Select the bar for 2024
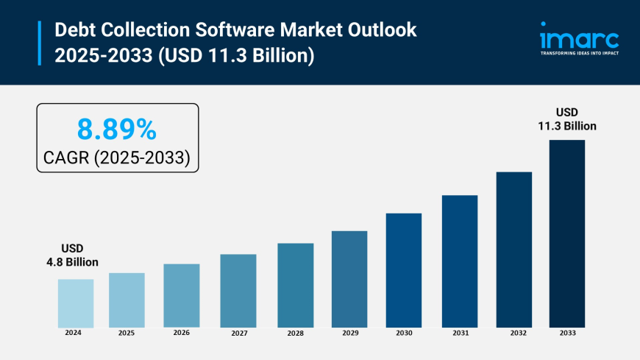click(x=76, y=303)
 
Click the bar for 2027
click(x=238, y=291)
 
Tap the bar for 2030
click(x=404, y=270)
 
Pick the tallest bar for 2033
click(x=566, y=233)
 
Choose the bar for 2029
click(x=349, y=279)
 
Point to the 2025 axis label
click(x=127, y=333)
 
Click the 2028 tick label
click(x=295, y=333)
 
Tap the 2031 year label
click(x=460, y=333)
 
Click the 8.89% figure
click(x=117, y=130)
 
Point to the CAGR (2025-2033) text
click(x=117, y=157)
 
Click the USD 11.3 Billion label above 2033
click(x=567, y=119)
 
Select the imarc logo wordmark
click(x=579, y=38)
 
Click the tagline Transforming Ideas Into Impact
click(x=579, y=54)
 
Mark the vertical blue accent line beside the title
click(x=39, y=43)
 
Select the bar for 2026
click(x=182, y=295)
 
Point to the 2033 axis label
click(x=567, y=333)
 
